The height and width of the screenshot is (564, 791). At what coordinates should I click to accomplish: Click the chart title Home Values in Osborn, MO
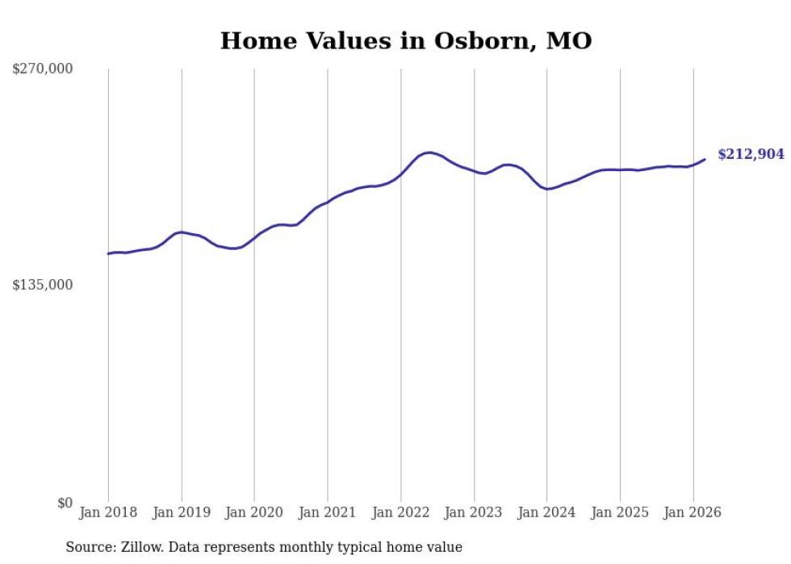[406, 41]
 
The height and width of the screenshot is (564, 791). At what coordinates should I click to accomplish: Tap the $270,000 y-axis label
[43, 69]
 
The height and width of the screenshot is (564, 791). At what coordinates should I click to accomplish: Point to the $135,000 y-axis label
[43, 285]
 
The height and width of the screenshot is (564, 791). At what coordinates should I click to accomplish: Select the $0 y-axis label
[65, 503]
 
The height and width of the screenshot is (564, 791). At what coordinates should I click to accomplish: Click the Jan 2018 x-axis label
[108, 512]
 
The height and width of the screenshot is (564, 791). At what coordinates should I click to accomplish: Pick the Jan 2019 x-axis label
[182, 512]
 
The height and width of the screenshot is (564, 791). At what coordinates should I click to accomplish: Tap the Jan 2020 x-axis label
[254, 512]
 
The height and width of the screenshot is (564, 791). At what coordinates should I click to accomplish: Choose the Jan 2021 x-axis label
[328, 512]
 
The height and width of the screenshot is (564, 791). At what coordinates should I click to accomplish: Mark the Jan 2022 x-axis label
[400, 512]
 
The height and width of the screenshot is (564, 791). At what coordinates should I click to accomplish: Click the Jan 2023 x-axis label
[474, 512]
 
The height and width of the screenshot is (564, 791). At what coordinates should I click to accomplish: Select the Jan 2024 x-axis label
[546, 512]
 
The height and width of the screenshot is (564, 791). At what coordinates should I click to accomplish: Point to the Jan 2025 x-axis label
[620, 512]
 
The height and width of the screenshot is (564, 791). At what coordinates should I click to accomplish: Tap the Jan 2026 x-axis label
[693, 512]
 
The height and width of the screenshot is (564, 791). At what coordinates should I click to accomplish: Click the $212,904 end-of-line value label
[751, 154]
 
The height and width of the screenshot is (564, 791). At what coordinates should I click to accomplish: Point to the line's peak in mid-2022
[429, 152]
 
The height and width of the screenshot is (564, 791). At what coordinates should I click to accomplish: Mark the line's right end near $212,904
[705, 159]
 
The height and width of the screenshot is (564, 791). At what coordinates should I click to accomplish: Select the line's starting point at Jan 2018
[108, 253]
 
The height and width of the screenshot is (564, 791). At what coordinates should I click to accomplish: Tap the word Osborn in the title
[478, 41]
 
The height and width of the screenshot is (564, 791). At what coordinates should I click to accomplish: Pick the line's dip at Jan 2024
[547, 189]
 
